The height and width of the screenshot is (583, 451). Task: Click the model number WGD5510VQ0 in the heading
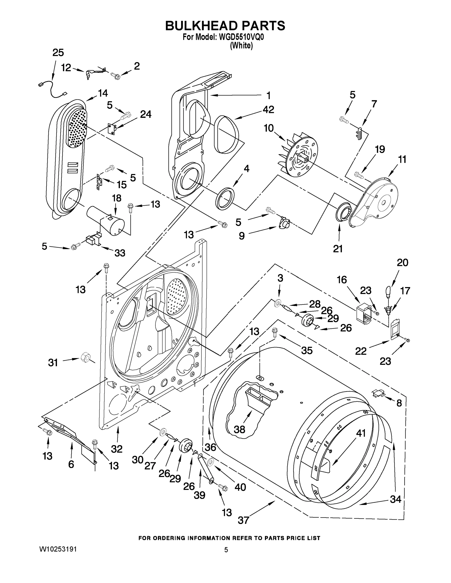[241, 37]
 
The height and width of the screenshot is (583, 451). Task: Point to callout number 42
[268, 110]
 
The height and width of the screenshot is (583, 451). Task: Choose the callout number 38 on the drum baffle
[239, 429]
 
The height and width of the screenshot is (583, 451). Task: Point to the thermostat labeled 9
[284, 222]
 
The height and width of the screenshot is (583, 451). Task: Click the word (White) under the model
[241, 46]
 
